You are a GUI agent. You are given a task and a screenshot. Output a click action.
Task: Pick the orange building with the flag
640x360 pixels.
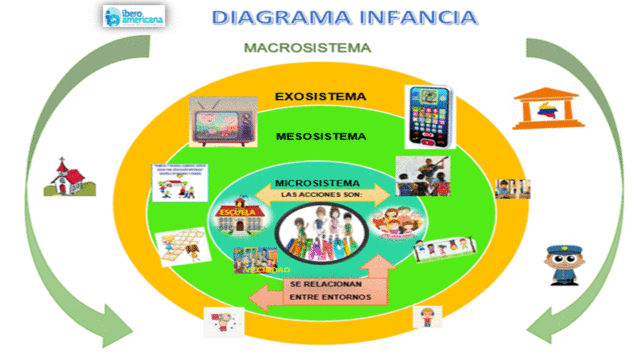click(540, 108)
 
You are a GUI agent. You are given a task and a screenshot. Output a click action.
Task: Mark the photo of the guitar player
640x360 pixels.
click(422, 174)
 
